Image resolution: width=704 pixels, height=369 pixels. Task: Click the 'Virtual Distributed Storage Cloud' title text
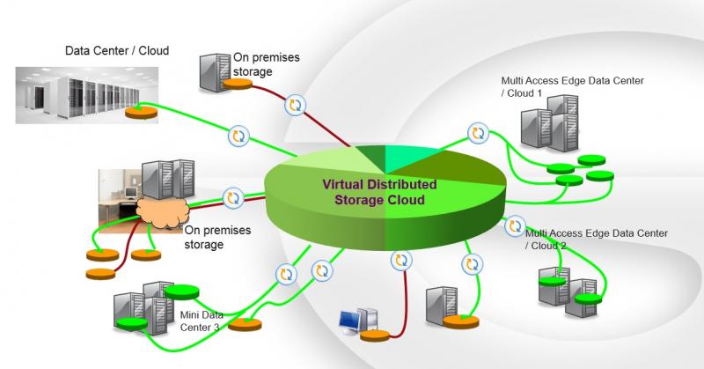[379, 192]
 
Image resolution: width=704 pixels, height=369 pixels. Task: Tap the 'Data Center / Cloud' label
[117, 50]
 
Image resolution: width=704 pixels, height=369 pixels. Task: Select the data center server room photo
[86, 95]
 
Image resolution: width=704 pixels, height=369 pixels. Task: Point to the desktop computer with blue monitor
[358, 321]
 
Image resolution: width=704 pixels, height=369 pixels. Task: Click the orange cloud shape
[163, 213]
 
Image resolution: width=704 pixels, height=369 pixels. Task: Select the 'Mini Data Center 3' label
[201, 321]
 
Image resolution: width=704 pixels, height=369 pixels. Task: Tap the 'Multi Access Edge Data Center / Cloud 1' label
[573, 86]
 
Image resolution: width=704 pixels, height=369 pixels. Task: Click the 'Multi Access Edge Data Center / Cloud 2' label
[597, 240]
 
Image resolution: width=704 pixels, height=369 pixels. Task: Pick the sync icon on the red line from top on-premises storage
[295, 105]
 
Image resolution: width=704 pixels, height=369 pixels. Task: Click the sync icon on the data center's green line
[238, 137]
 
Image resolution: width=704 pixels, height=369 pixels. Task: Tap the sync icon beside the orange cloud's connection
[233, 198]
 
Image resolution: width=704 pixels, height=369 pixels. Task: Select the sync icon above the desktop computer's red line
[401, 260]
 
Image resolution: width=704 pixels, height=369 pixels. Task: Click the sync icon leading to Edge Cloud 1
[478, 133]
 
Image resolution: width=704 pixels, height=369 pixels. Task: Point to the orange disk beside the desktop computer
[375, 336]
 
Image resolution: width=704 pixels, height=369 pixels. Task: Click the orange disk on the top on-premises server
[238, 84]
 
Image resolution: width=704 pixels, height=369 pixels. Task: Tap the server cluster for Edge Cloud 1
[549, 122]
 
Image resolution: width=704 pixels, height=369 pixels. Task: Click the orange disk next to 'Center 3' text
[245, 324]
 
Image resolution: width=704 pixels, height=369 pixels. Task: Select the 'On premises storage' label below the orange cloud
[217, 237]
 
